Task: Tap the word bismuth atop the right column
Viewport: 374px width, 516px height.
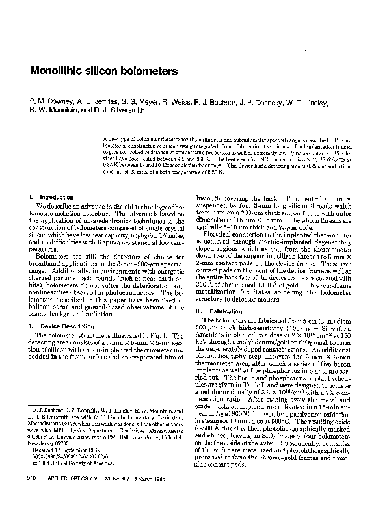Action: [209, 196]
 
